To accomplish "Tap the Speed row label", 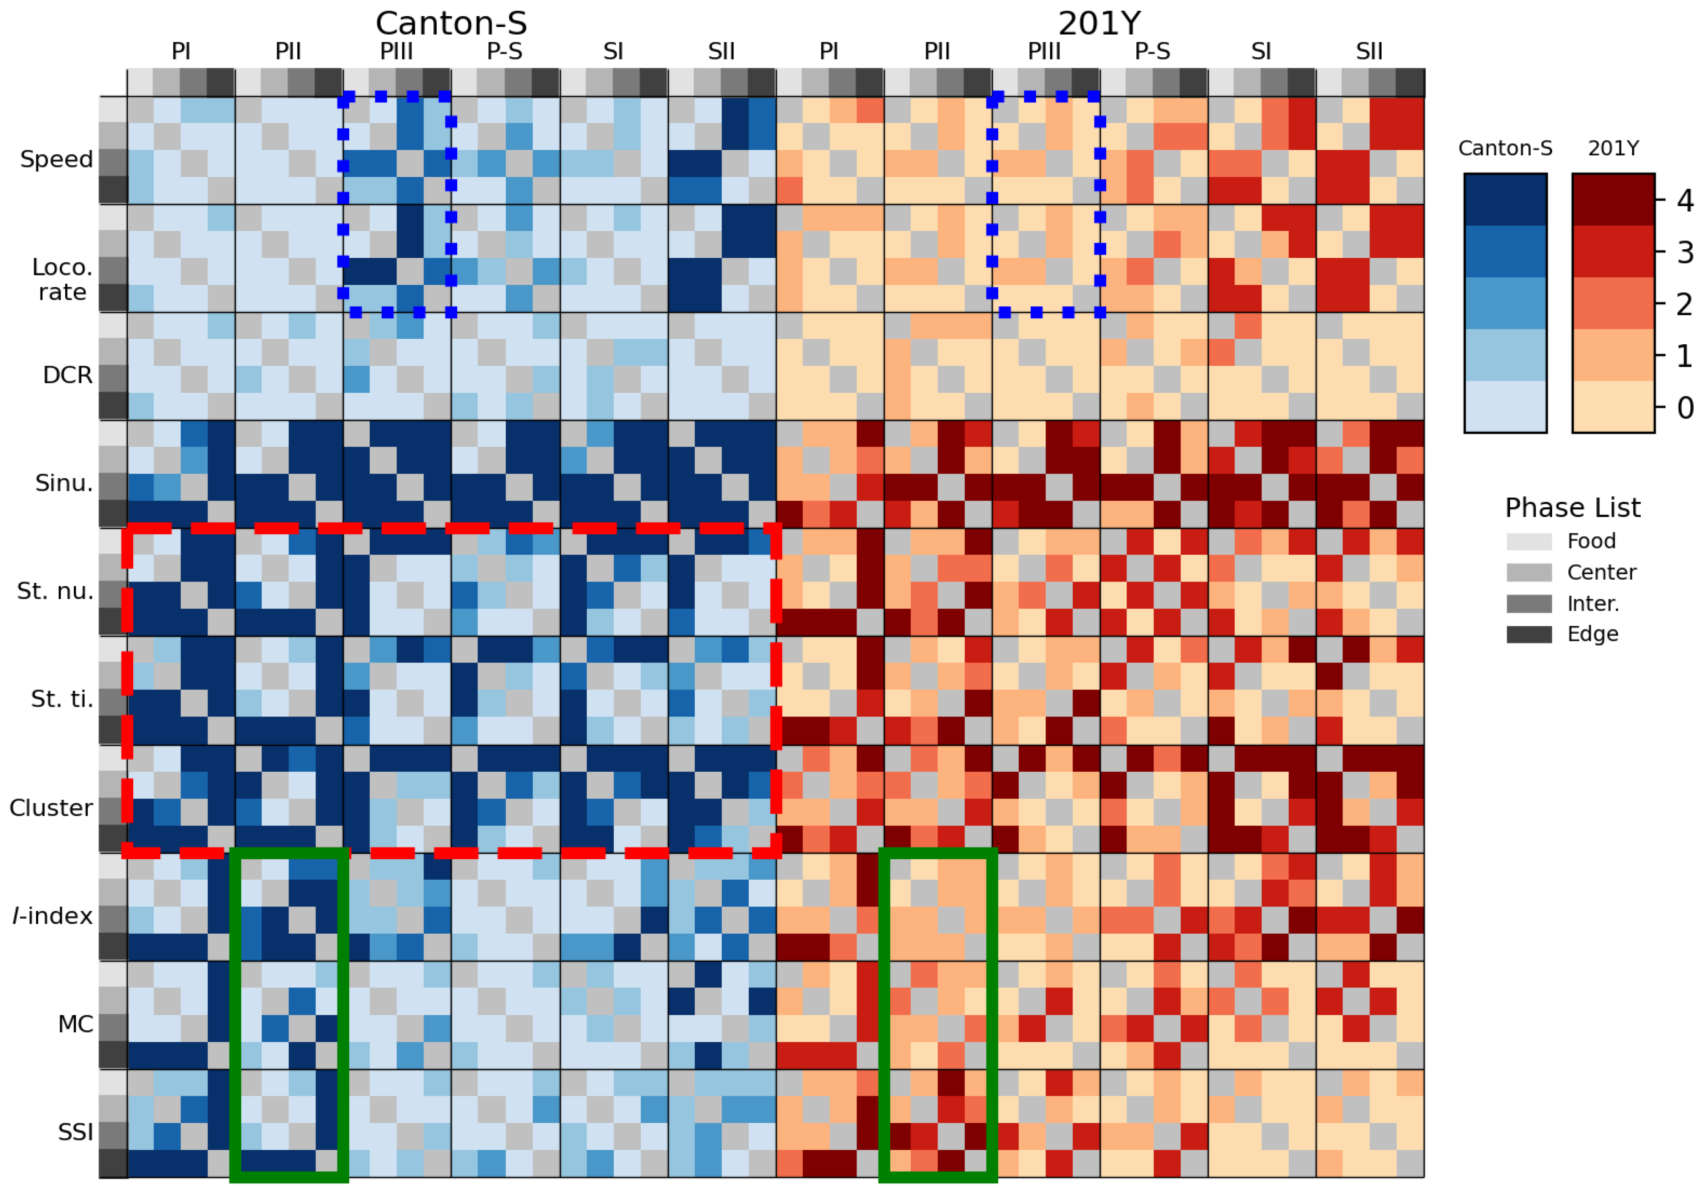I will pyautogui.click(x=57, y=159).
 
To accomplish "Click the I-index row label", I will pyautogui.click(x=52, y=915).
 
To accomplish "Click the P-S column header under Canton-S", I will pyautogui.click(x=505, y=51).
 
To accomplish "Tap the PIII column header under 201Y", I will pyautogui.click(x=1045, y=51).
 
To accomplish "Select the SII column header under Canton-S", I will pyautogui.click(x=721, y=51).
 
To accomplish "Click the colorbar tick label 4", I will pyautogui.click(x=1684, y=201).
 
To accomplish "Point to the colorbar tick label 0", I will pyautogui.click(x=1684, y=407).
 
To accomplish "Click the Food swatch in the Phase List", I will pyautogui.click(x=1529, y=541).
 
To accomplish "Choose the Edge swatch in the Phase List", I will pyautogui.click(x=1529, y=634).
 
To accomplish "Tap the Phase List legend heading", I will pyautogui.click(x=1572, y=508).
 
